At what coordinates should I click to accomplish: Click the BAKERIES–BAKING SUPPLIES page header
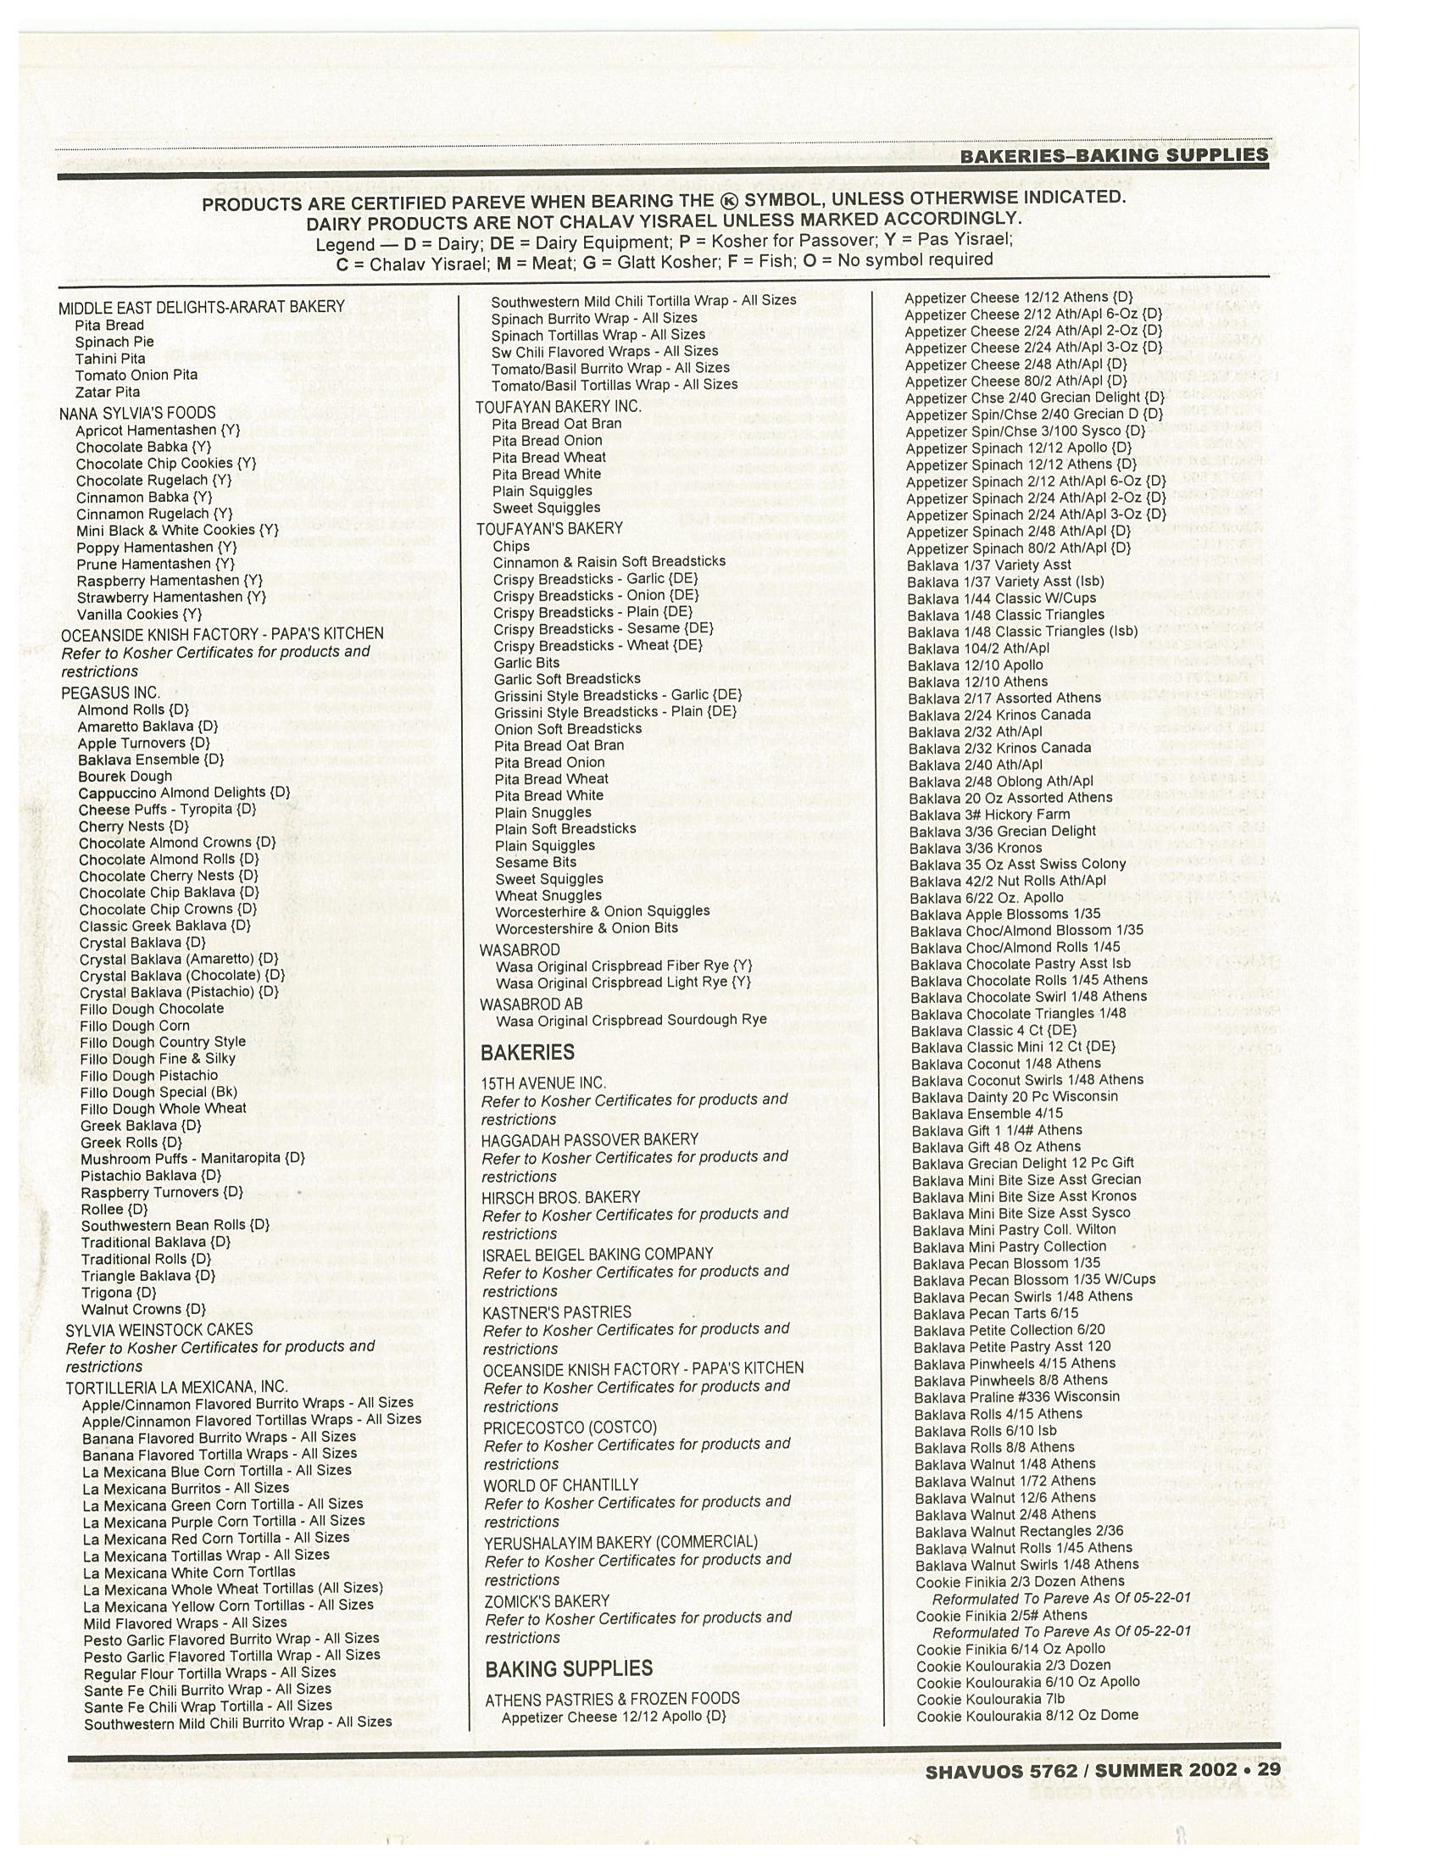[1113, 155]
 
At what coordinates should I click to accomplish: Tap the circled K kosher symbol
[727, 201]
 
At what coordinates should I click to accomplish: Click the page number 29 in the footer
[1269, 1768]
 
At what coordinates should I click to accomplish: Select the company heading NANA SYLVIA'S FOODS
[137, 414]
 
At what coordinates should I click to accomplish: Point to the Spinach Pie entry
[114, 342]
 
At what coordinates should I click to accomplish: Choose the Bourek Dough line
[125, 777]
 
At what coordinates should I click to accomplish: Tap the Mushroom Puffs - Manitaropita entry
[192, 1159]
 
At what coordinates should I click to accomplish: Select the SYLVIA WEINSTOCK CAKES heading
[159, 1329]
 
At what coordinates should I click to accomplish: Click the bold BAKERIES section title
[527, 1053]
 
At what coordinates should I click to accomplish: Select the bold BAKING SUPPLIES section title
[569, 1668]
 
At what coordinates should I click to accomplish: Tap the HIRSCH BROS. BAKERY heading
[561, 1197]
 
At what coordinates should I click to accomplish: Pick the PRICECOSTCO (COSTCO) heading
[570, 1428]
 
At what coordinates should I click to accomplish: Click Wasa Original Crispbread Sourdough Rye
[631, 1020]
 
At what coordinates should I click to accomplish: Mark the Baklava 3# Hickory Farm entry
[989, 815]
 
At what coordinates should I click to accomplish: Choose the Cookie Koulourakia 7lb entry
[991, 1700]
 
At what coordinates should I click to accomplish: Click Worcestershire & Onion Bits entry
[587, 928]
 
